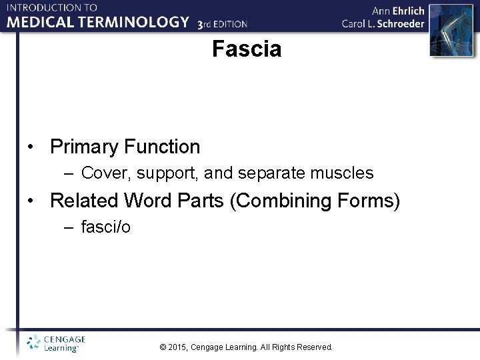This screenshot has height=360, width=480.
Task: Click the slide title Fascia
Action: [247, 49]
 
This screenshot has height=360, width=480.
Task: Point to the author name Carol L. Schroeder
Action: [383, 23]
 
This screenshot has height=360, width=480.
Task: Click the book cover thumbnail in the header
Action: [445, 26]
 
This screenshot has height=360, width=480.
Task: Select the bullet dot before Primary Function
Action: [31, 147]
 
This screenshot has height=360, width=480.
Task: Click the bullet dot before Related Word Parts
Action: [31, 201]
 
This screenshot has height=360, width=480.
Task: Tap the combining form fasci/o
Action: [105, 227]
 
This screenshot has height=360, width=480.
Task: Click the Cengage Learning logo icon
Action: [33, 343]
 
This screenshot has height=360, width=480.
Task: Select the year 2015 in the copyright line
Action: [179, 347]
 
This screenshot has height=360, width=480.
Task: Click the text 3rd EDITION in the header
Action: [223, 24]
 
